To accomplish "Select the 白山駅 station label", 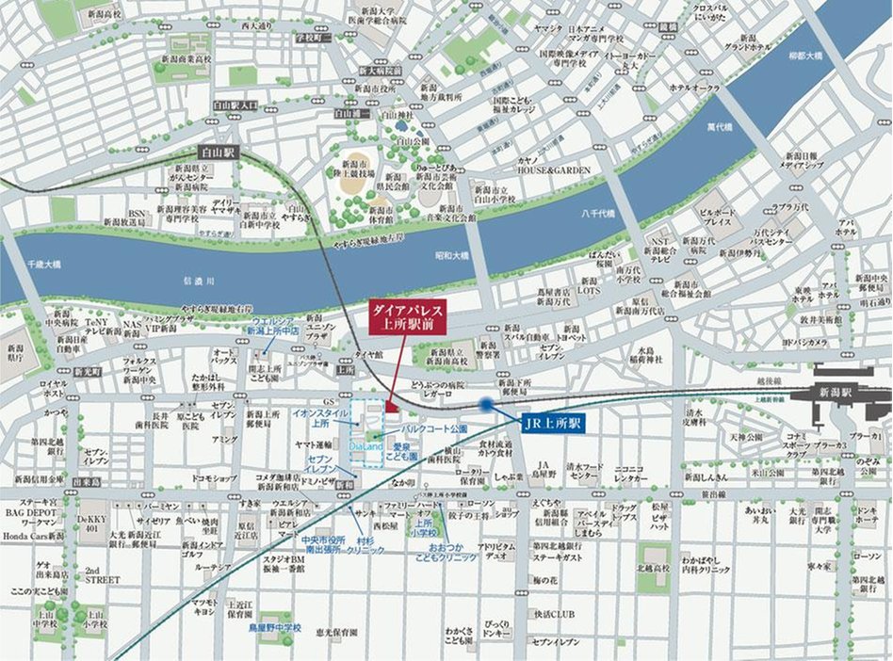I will tap(219, 151).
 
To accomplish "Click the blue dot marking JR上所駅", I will tap(485, 405).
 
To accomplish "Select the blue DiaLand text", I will tap(365, 445).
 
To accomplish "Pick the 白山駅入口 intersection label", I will tap(235, 105).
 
